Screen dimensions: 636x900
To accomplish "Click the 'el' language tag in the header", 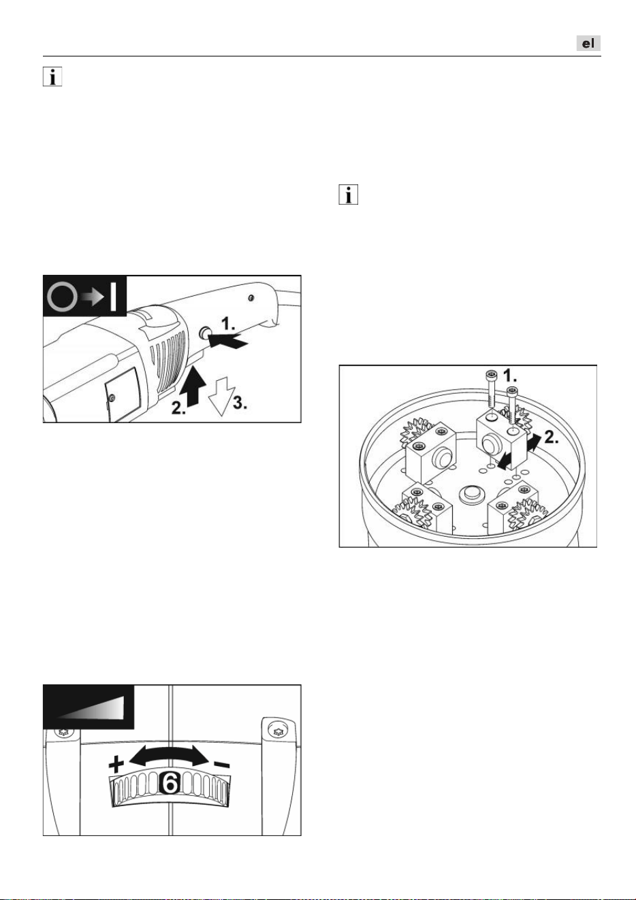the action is coord(588,44).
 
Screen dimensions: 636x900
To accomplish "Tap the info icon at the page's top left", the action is coord(52,76).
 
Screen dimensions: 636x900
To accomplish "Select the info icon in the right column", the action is coord(349,195).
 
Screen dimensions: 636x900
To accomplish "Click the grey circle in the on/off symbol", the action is coord(63,298).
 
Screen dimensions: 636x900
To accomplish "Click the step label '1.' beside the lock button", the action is coord(228,323).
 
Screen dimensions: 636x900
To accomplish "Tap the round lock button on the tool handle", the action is coord(206,332).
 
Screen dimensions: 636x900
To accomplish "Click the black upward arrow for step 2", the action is coord(193,386).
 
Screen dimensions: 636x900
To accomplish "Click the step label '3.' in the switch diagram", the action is coord(240,403).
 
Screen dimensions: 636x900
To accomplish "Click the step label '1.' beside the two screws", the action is coord(510,376).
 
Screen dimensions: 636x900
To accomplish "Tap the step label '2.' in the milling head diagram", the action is coord(551,437).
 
